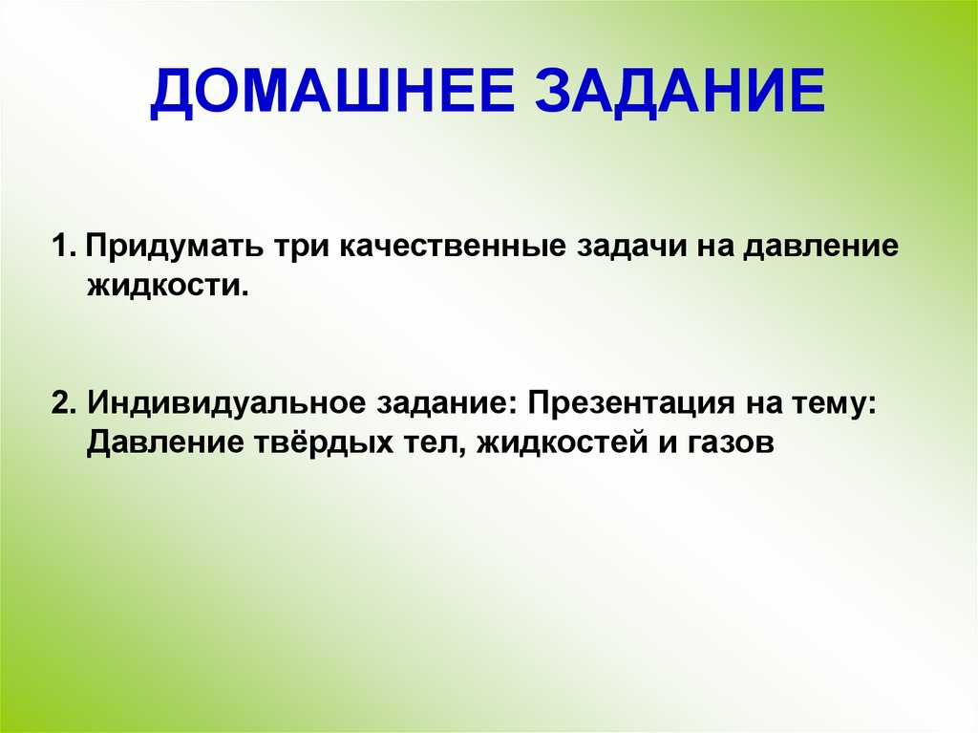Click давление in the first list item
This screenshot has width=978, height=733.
point(821,248)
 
